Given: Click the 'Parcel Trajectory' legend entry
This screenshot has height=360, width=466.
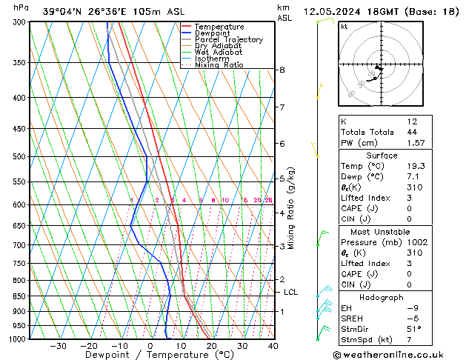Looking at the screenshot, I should click(228, 40).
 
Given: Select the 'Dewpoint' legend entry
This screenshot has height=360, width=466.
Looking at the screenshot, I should click(216, 33).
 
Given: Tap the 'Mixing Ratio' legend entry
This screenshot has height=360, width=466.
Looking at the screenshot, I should click(219, 65).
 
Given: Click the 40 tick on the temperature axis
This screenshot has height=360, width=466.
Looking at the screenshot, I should click(273, 346).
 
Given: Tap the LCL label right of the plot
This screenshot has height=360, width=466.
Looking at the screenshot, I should click(291, 293).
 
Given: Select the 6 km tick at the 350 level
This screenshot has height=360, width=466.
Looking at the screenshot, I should click(282, 70).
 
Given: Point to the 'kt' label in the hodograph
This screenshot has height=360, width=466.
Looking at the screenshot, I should click(344, 27).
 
